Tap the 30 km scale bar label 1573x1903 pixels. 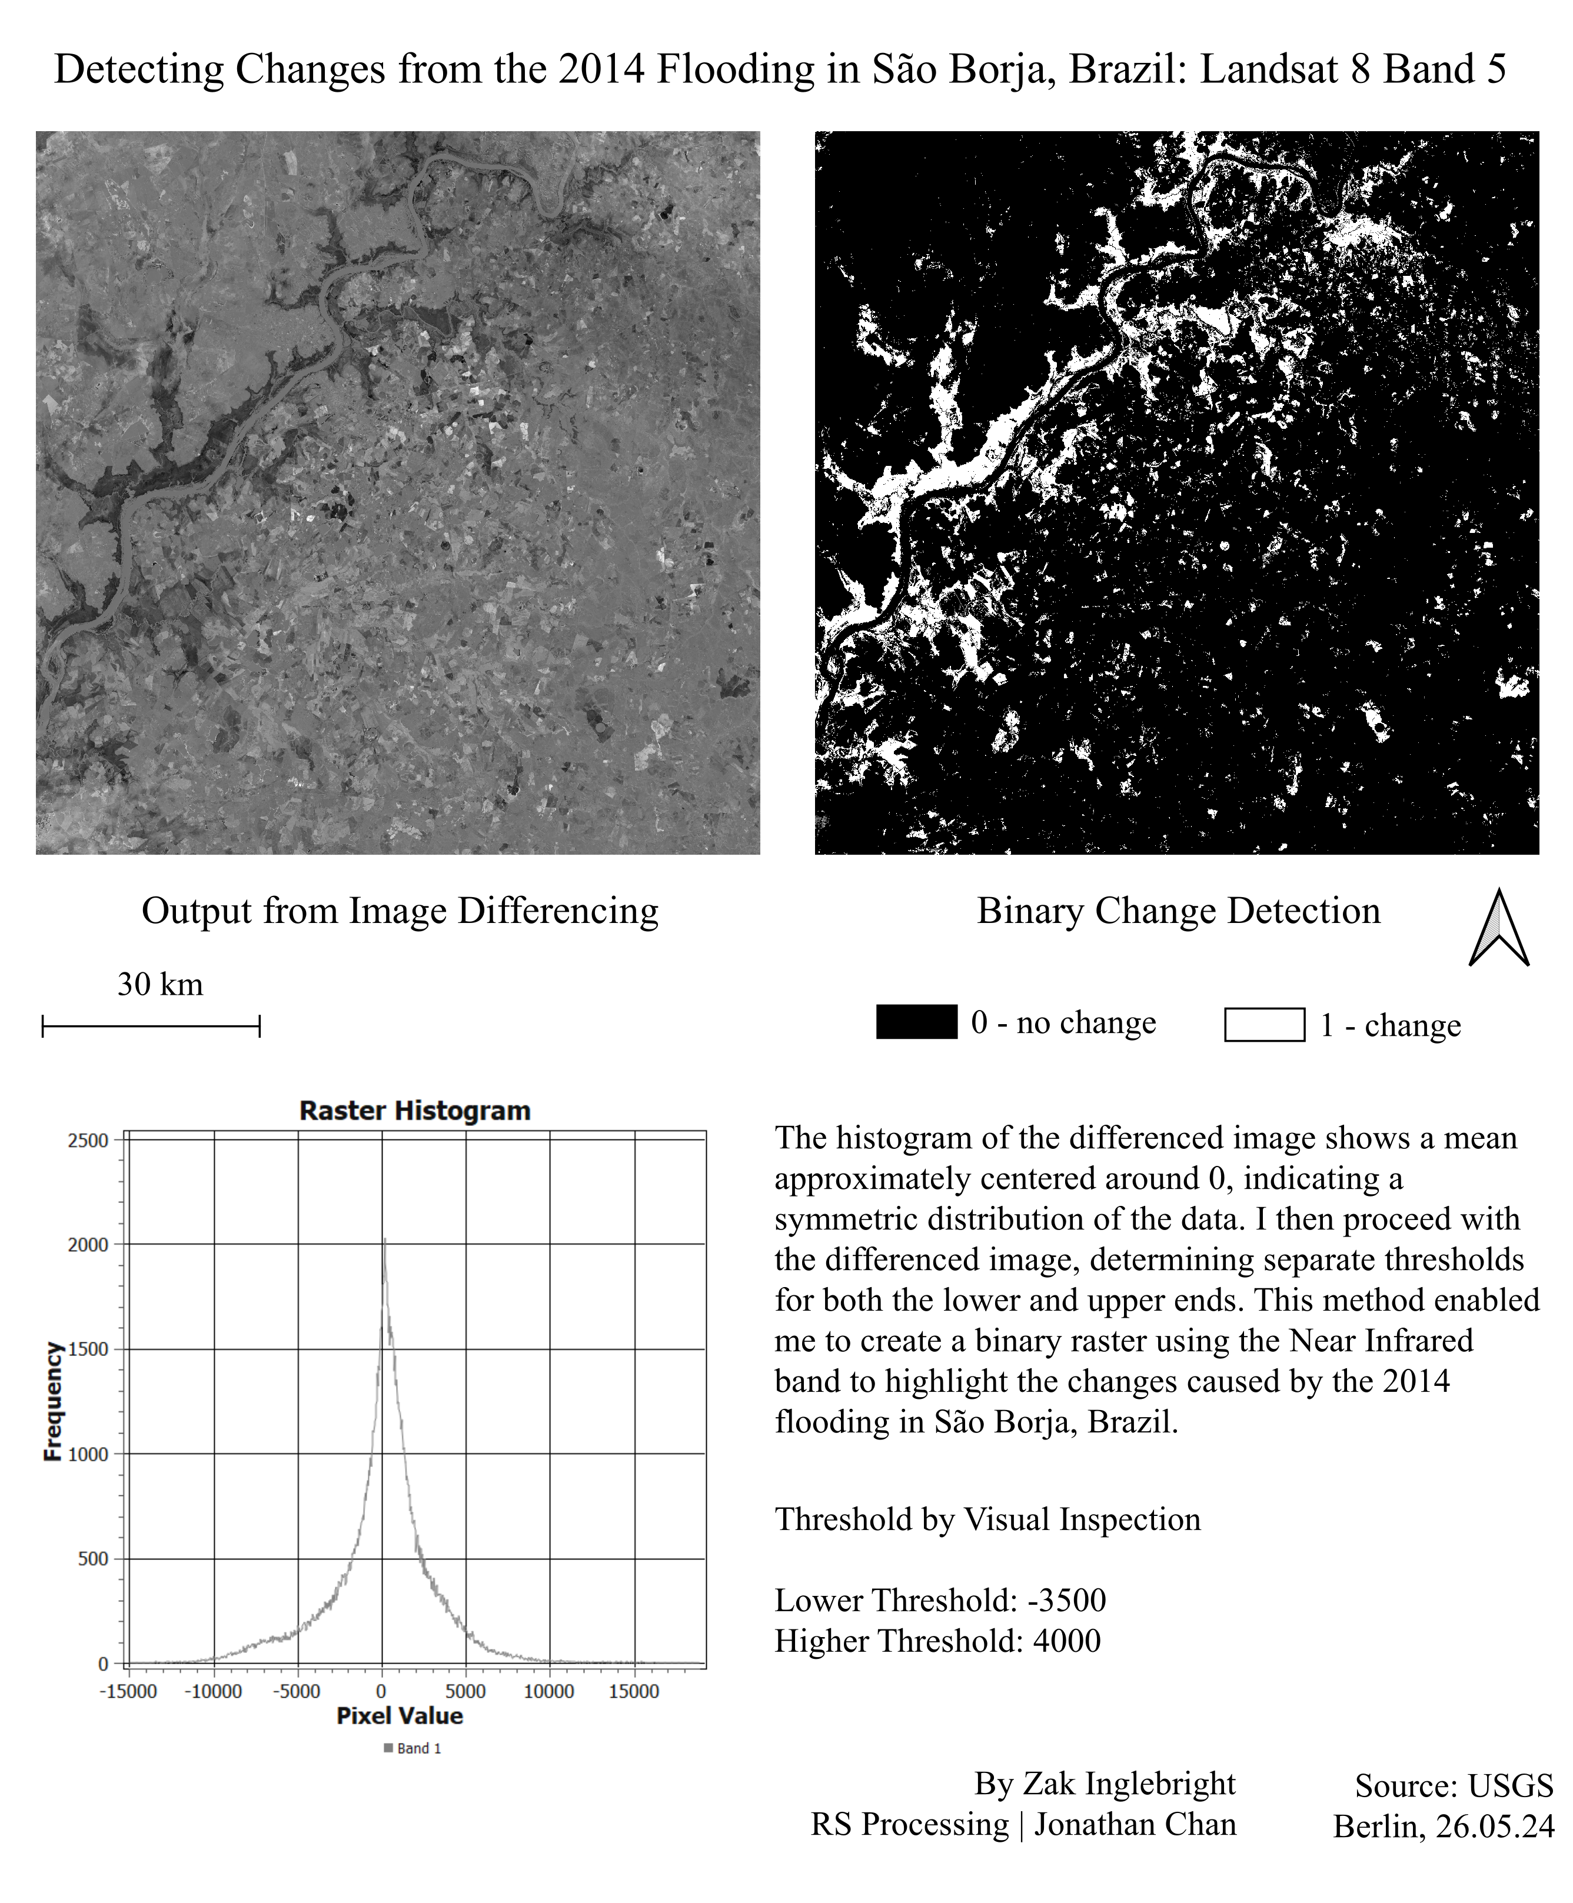click(161, 985)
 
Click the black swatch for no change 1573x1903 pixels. click(916, 1022)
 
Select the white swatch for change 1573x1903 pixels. click(1264, 1024)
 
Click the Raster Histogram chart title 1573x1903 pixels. click(415, 1111)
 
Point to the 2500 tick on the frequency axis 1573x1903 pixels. click(88, 1141)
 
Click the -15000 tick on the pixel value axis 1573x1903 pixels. click(128, 1691)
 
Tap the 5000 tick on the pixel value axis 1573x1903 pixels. click(465, 1691)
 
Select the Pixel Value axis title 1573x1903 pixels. click(400, 1715)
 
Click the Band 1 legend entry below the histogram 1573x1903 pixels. click(413, 1748)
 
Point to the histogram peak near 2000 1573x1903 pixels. click(384, 1241)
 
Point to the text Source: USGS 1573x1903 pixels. click(1454, 1785)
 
